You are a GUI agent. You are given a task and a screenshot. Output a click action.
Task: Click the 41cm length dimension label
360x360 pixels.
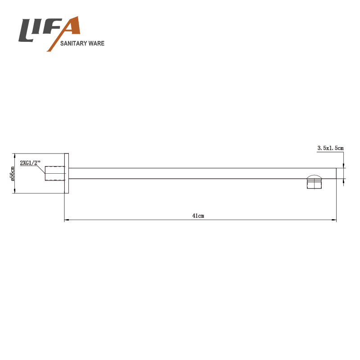coord(198,216)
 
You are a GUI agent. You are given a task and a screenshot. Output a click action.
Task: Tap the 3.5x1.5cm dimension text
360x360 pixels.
coord(330,148)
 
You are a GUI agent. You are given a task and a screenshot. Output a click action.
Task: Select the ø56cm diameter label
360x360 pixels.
coord(13,174)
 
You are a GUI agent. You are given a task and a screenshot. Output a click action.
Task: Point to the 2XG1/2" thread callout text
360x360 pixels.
coord(30,163)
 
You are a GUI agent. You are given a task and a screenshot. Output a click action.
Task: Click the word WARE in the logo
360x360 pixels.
coord(96,43)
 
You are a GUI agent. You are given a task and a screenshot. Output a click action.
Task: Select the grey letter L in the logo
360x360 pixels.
coord(27,31)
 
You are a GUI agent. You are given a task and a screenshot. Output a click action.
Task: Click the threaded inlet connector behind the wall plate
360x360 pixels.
coord(54,173)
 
